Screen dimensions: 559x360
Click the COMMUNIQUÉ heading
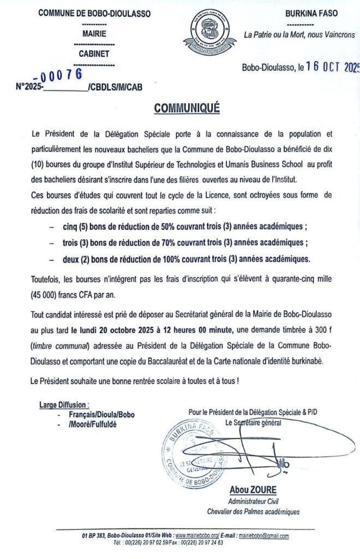click(187, 109)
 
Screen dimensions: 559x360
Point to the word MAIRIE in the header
click(95, 33)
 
